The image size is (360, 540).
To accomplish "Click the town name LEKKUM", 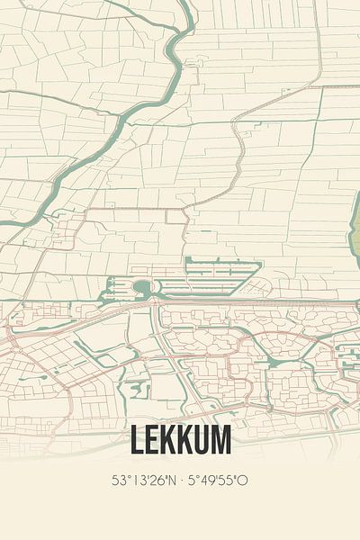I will [180, 439].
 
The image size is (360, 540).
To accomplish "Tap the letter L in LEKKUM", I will [137, 439].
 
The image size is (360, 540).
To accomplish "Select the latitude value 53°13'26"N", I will [140, 481].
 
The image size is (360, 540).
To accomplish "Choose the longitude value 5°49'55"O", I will [217, 481].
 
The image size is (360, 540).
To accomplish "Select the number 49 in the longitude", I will [206, 481].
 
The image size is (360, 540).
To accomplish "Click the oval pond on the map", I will [141, 287].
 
